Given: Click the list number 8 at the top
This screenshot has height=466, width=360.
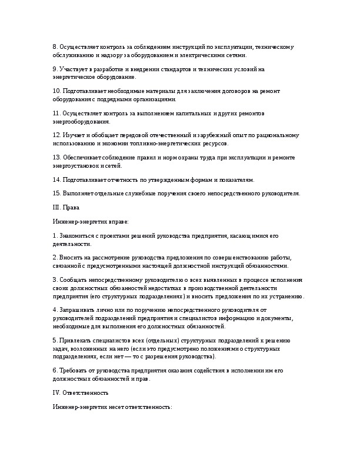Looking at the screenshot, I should pyautogui.click(x=55, y=46).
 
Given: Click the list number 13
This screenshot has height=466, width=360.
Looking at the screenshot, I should pyautogui.click(x=56, y=158).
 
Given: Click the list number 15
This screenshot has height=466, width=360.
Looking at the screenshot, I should pyautogui.click(x=56, y=193).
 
